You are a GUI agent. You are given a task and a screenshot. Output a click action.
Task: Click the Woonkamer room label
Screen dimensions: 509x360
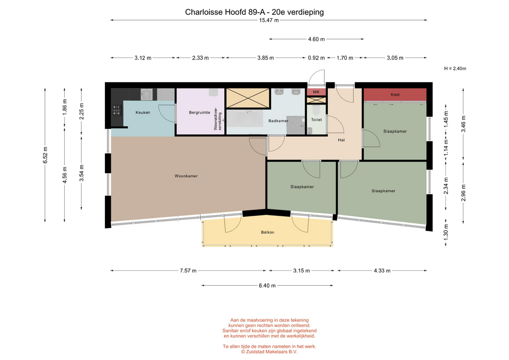(186, 176)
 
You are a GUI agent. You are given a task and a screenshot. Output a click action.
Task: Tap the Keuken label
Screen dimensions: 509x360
(143, 112)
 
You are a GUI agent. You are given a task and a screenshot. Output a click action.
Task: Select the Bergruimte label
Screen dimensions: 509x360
(200, 112)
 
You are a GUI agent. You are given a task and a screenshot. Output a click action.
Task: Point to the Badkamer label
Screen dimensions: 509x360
(278, 121)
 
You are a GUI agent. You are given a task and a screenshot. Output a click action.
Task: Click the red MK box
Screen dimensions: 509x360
(316, 92)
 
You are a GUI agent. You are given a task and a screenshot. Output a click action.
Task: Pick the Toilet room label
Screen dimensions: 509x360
(317, 120)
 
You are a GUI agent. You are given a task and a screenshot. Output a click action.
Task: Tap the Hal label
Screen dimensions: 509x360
(341, 140)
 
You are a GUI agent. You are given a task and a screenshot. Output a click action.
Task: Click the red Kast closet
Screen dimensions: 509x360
(394, 94)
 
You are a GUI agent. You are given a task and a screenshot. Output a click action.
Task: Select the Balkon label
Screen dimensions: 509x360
(267, 232)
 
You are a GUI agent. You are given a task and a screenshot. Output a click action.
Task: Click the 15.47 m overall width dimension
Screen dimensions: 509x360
(269, 20)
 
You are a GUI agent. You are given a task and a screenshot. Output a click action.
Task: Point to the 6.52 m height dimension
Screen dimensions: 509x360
(45, 155)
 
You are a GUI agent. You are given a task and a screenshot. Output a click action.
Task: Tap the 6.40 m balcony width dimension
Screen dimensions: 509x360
(267, 286)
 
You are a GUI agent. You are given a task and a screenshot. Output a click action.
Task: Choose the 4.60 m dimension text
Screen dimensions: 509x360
(316, 39)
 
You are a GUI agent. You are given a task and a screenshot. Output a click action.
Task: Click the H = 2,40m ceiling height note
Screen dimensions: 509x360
(455, 68)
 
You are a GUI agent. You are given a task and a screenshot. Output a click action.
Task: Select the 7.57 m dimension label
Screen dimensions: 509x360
(188, 271)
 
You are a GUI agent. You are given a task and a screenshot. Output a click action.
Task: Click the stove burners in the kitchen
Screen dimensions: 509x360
(117, 110)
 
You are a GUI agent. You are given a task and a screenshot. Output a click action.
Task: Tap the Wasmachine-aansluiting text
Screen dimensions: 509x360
(217, 118)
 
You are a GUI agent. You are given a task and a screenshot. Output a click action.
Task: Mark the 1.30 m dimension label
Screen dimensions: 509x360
(446, 231)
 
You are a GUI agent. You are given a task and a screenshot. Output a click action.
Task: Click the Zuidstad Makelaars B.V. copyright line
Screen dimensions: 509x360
(269, 352)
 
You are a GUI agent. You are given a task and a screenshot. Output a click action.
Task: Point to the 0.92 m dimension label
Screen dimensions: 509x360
(316, 58)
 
